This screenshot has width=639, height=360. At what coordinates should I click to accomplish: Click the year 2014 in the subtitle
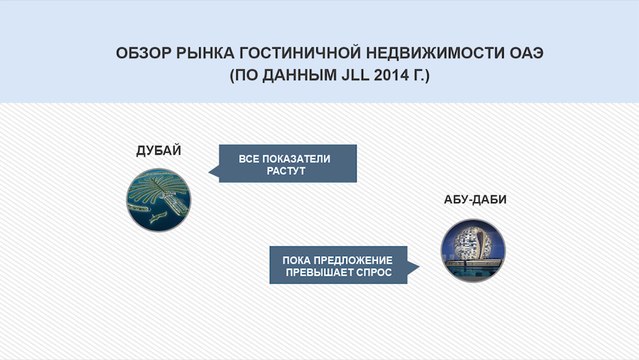point(378,74)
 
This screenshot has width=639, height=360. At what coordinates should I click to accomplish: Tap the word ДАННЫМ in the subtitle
point(288,74)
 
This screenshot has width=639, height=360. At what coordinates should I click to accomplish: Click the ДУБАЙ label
point(158,151)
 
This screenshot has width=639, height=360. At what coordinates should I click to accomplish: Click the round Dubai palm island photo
point(159,198)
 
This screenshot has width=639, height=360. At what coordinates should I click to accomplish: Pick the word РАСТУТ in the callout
point(285,172)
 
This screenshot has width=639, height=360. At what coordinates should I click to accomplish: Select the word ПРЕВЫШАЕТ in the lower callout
point(321,272)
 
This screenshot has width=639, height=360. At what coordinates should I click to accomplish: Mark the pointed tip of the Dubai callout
point(207,171)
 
